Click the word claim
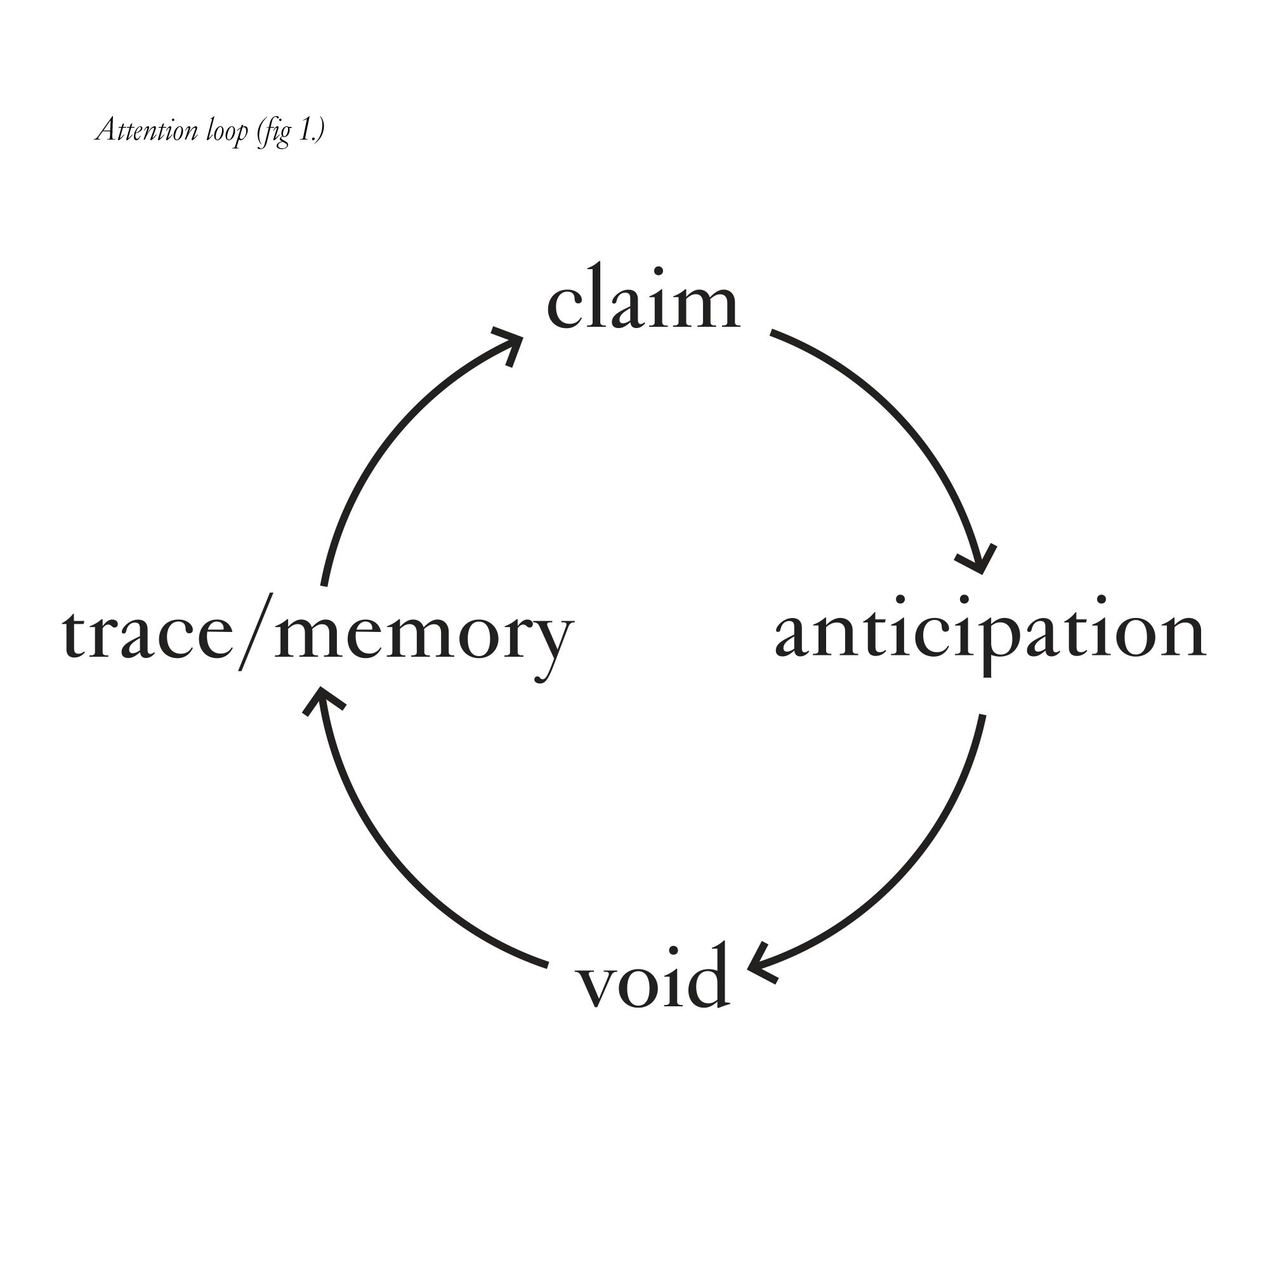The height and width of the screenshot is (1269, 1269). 643,299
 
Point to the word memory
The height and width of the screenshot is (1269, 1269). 424,636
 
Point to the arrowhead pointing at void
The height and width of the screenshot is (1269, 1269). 762,966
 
